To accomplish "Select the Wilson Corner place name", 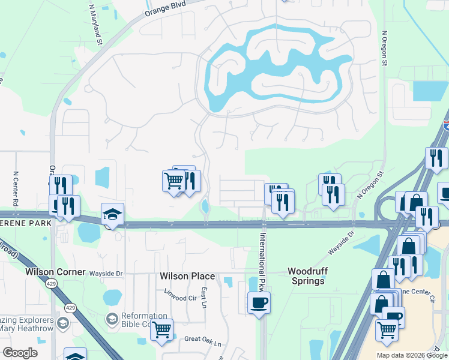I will pyautogui.click(x=53, y=272).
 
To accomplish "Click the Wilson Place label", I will pyautogui.click(x=187, y=276).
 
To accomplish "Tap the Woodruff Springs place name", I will pyautogui.click(x=306, y=276).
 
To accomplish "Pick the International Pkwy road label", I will pyautogui.click(x=262, y=252).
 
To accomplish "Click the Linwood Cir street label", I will pyautogui.click(x=180, y=293).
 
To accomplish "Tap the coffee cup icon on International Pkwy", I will pyautogui.click(x=259, y=302).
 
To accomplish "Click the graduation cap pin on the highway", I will pyautogui.click(x=112, y=214).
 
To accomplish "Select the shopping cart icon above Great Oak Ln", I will pyautogui.click(x=162, y=329).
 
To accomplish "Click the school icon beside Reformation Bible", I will pyautogui.click(x=112, y=317).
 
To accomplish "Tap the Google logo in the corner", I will pyautogui.click(x=20, y=353).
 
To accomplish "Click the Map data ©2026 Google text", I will pyautogui.click(x=412, y=355).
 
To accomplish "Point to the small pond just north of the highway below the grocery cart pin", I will pyautogui.click(x=206, y=206).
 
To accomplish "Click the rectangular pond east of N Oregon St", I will pyautogui.click(x=430, y=91).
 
